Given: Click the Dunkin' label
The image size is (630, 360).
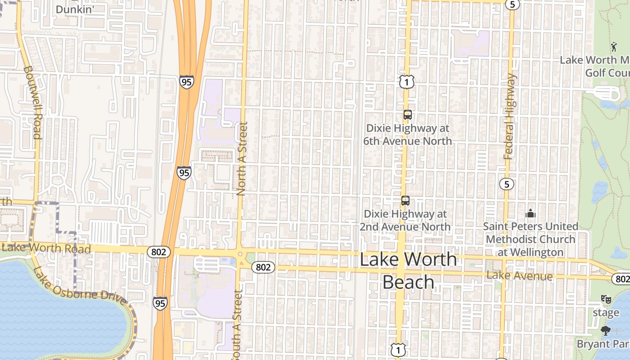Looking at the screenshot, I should pos(74,9).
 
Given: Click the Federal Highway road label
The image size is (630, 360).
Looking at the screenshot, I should pos(509,117).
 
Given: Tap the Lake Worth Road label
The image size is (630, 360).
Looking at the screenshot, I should pos(46,248).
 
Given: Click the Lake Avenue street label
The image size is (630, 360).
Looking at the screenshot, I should pos(519,275).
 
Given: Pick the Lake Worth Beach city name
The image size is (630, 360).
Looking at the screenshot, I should pos(408,270).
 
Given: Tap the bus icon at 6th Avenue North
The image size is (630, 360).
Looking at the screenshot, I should pos(407,115).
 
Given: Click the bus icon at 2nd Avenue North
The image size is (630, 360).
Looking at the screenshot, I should pos(405,200).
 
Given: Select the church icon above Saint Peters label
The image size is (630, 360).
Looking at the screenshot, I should pos(531,213).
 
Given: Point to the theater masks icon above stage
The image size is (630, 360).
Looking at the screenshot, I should pos(606,299).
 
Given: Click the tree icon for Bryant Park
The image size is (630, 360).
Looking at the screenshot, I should pos(606,331).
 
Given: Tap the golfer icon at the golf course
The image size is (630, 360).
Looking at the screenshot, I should pos(613,46).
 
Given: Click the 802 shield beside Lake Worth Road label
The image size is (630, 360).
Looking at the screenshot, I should pos(159,252).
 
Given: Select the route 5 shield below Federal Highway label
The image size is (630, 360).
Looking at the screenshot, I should pos(507,184).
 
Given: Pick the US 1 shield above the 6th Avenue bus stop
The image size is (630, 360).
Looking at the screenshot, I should pos(406,82).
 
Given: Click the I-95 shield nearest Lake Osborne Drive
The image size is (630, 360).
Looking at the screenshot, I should pos(160,303).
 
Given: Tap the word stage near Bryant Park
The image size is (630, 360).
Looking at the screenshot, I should pos(606,312).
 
